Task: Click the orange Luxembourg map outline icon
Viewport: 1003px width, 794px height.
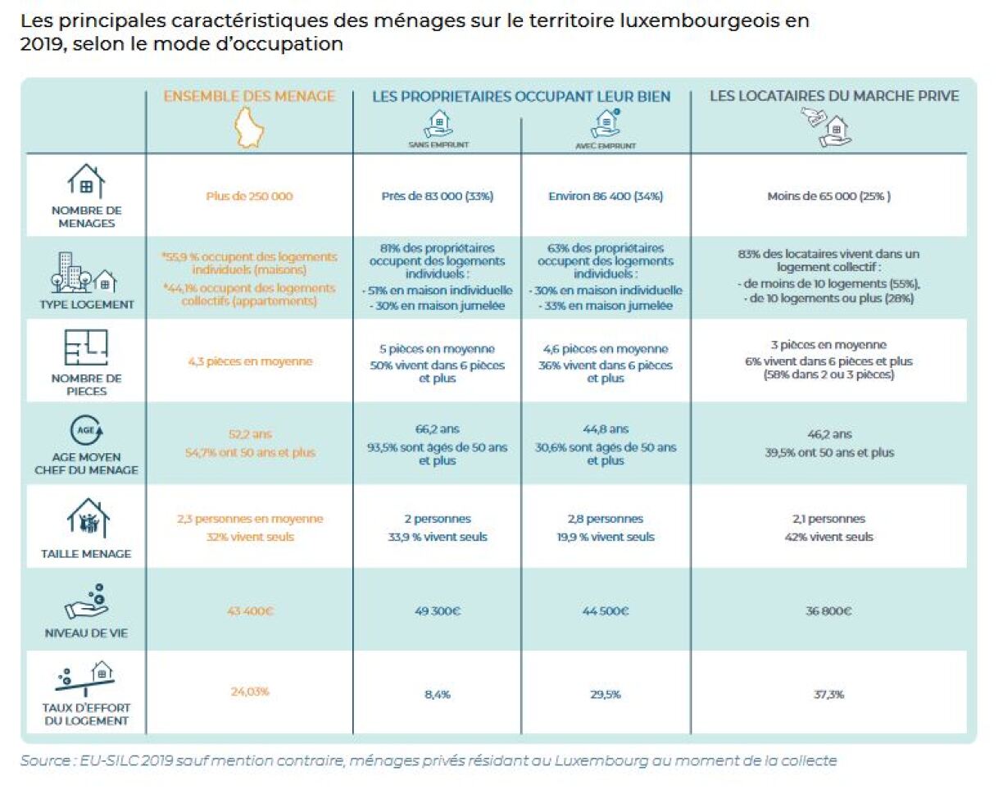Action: tap(250, 127)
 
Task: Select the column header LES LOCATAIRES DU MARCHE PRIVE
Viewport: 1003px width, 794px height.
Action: tap(834, 96)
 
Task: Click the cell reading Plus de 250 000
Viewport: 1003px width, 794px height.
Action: tap(249, 197)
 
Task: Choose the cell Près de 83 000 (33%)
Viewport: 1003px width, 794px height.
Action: tap(437, 197)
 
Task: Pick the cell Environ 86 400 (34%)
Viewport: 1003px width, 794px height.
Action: tap(606, 197)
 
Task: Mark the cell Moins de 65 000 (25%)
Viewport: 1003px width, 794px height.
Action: tap(828, 197)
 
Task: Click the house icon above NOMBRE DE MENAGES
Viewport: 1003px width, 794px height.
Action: tap(85, 181)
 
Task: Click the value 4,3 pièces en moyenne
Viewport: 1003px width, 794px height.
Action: tap(249, 361)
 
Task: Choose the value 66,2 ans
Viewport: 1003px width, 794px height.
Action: tap(437, 429)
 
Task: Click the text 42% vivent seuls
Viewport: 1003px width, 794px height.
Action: tap(828, 538)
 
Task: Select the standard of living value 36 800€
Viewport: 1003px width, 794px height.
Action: tap(828, 610)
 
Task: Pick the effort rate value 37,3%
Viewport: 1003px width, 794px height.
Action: tap(828, 694)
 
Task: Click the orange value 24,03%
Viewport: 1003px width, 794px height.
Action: tap(249, 691)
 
